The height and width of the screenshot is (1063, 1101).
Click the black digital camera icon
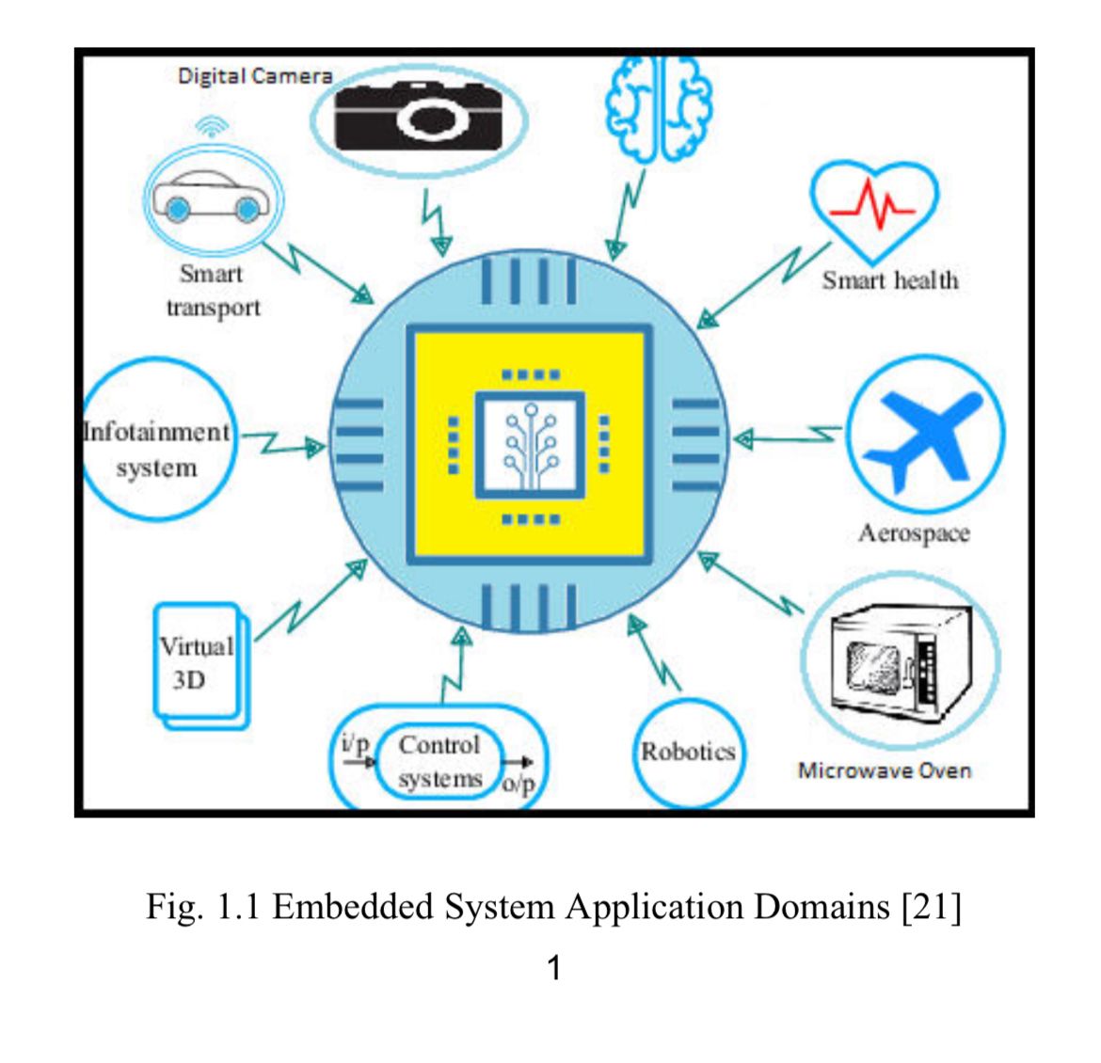(418, 117)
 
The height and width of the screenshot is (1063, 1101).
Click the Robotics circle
(688, 752)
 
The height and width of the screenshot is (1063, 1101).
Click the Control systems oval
(439, 761)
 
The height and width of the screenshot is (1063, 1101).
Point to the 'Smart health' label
(890, 280)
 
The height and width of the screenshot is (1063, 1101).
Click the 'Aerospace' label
(913, 533)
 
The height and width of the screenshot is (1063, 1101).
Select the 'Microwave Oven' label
(884, 770)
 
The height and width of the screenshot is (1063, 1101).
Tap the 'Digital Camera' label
(255, 76)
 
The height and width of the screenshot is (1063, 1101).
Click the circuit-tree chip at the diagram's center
(530, 445)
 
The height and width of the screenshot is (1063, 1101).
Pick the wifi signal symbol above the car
(213, 126)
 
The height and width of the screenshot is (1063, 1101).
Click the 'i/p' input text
(355, 742)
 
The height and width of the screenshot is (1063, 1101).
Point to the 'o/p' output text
(518, 783)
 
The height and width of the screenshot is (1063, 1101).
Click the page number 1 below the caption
(554, 967)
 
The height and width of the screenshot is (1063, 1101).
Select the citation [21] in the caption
(932, 907)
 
